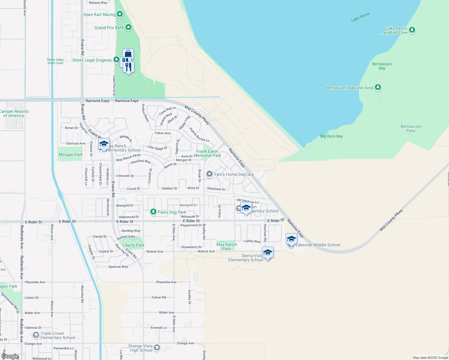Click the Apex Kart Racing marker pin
point(120,14)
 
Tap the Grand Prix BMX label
point(109,28)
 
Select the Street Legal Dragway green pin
point(116,60)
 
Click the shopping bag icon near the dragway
point(128,54)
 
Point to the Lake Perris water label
point(360,17)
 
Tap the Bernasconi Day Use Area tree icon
point(378,87)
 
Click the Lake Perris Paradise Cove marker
point(412,30)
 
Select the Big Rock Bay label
point(331,136)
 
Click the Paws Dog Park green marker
point(153,212)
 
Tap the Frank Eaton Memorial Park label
point(207,153)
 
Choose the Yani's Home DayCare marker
point(209,174)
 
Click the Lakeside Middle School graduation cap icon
point(291,239)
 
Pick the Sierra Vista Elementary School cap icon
point(268,253)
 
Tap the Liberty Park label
point(134,245)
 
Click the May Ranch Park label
point(227,247)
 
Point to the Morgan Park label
point(71,154)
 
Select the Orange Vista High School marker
point(157,348)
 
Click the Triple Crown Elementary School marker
point(36,335)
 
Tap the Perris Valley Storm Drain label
point(56,61)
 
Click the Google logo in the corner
point(10,356)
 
